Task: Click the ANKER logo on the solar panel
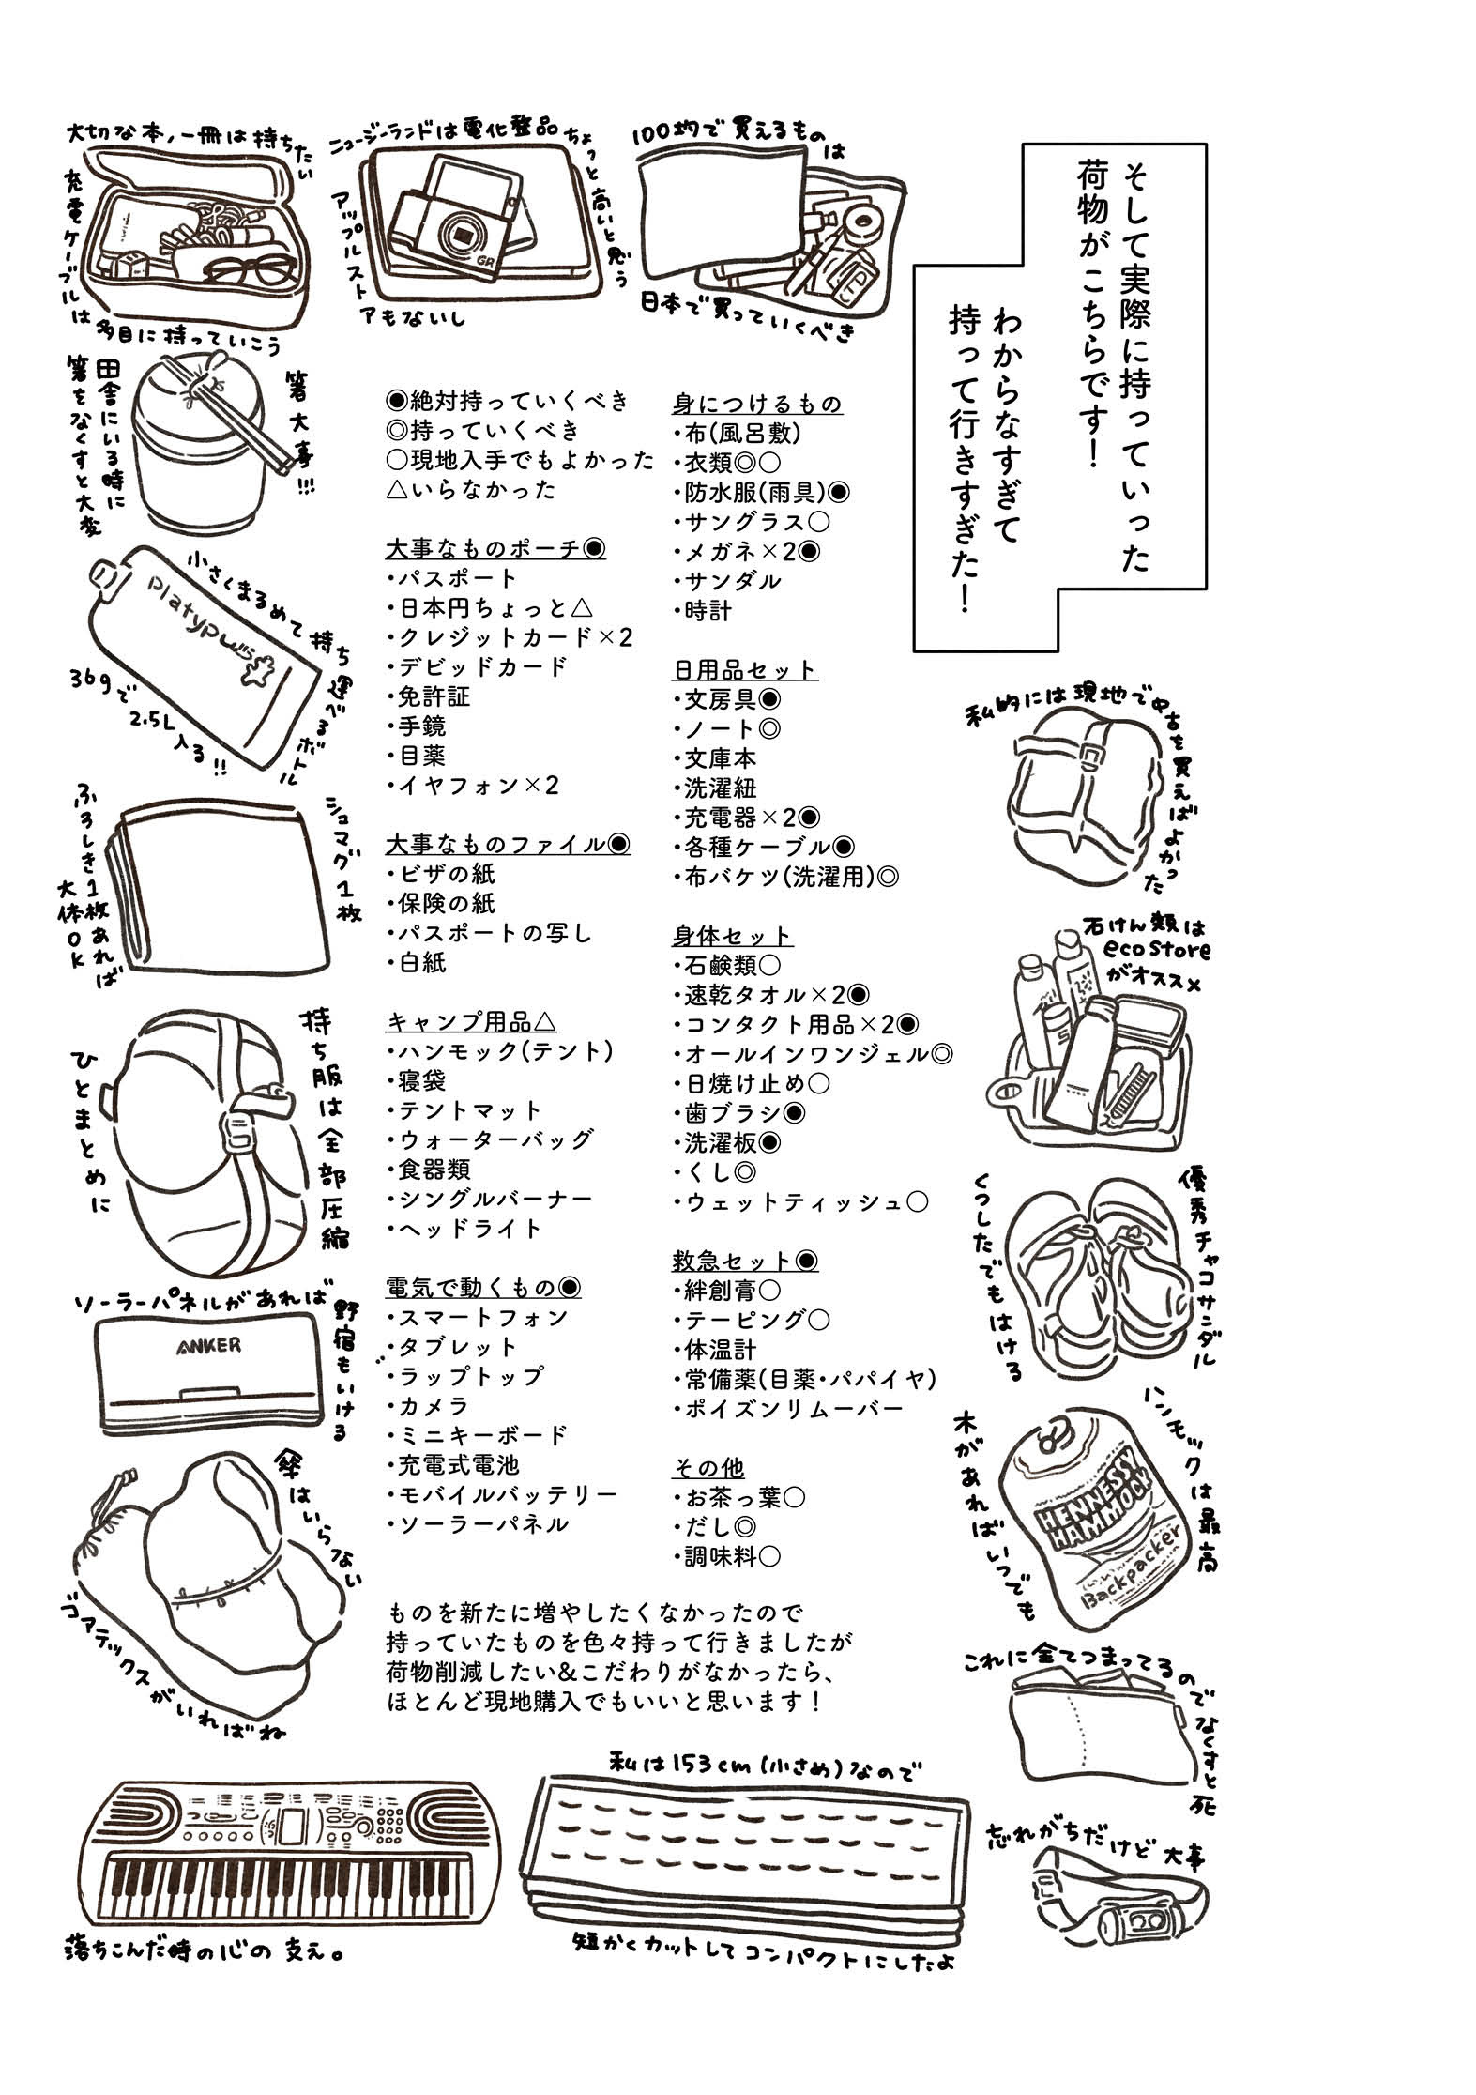tap(207, 1345)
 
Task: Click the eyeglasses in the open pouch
tap(247, 269)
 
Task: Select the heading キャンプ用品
tap(470, 1021)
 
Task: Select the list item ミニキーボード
tap(482, 1435)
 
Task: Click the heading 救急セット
tap(744, 1261)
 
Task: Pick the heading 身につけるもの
tap(756, 404)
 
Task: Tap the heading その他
tap(708, 1468)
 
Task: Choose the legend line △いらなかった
tap(470, 489)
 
